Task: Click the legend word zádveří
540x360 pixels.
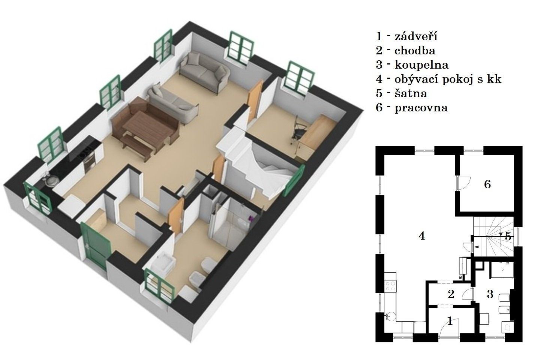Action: [416, 36]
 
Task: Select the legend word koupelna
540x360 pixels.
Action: [421, 64]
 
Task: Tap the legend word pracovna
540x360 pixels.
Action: [421, 108]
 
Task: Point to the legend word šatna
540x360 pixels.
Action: [411, 93]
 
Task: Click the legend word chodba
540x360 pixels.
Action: [415, 51]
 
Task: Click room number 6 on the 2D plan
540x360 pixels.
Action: [487, 184]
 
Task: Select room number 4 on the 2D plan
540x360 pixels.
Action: [421, 236]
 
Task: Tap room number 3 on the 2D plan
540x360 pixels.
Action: [490, 294]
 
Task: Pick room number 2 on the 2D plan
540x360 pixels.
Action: [451, 294]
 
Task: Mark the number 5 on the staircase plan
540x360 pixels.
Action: [508, 237]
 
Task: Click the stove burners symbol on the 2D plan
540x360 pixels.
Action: [390, 286]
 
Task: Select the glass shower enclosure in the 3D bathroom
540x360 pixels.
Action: [230, 223]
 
